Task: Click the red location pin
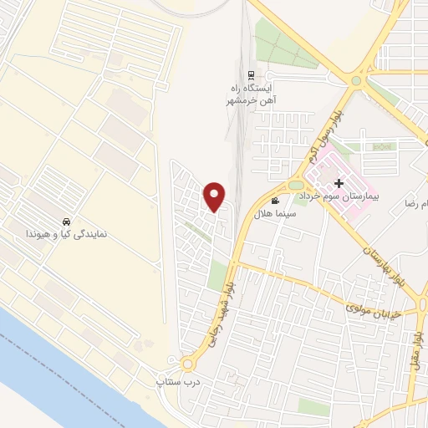(215, 196)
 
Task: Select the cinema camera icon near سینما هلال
(275, 201)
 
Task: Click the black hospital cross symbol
(338, 183)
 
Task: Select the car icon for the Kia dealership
(64, 222)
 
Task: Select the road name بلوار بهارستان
(380, 247)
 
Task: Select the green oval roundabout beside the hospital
(296, 185)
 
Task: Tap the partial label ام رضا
(415, 203)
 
